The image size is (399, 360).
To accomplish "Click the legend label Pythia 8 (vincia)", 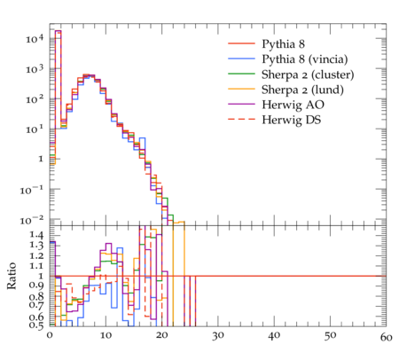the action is click(305, 59).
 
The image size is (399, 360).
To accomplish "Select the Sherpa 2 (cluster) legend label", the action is click(308, 74).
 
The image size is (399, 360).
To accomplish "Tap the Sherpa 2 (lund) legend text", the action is click(302, 90).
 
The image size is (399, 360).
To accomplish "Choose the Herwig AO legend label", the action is click(293, 105).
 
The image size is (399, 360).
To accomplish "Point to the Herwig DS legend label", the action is click(292, 120).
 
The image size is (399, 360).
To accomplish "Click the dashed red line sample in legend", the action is click(241, 119).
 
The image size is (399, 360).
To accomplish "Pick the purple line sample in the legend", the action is click(241, 104).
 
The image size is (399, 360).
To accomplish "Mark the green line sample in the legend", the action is click(241, 74).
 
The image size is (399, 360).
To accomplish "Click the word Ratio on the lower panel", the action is click(12, 276).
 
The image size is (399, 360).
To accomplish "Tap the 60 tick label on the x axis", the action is click(387, 337).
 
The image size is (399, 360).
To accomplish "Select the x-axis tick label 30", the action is click(218, 336).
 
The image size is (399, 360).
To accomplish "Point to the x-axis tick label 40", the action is click(274, 336).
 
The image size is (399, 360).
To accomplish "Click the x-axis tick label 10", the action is click(106, 335).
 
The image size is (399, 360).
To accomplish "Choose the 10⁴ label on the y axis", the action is click(35, 38).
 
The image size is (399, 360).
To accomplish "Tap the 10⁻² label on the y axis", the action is click(32, 220).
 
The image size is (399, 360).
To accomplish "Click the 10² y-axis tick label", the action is click(35, 99).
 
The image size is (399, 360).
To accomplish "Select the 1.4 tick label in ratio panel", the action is click(36, 236).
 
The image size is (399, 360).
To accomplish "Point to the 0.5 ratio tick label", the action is click(36, 325).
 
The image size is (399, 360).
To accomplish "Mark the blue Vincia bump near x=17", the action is click(143, 145).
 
